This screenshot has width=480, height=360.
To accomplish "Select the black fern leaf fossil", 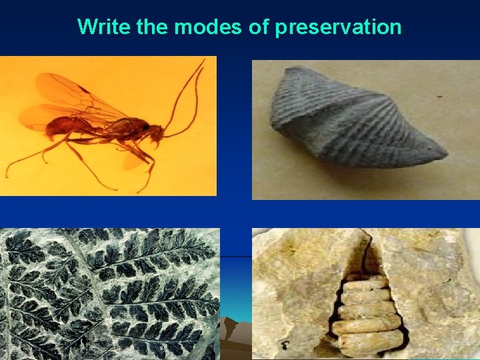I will click(x=110, y=293).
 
